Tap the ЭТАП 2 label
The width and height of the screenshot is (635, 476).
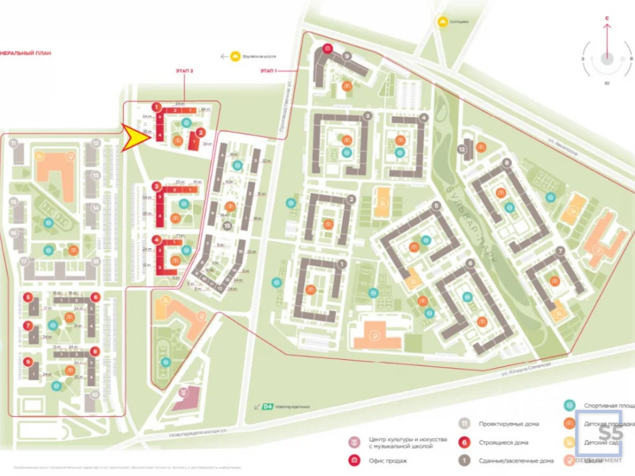184,72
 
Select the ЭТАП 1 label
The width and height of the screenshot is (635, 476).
269,70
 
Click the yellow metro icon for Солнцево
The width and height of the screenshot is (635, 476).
441,22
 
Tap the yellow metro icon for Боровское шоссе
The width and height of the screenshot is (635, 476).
236,56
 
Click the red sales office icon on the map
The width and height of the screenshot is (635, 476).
327,48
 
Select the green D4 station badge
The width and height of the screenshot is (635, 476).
267,406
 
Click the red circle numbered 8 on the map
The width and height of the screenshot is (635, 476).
95,351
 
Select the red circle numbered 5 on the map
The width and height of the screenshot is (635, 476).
28,297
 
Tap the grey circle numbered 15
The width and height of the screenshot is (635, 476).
227,227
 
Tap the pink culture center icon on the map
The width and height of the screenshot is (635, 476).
183,392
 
